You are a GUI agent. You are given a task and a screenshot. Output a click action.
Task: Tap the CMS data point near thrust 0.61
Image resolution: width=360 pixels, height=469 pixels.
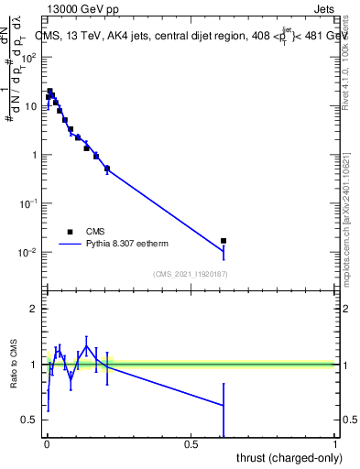[224, 241]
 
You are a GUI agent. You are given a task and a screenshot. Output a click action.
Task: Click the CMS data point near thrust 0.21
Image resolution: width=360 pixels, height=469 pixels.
[107, 169]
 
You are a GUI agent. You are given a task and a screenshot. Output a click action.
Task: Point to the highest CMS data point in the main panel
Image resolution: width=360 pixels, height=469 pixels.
[50, 92]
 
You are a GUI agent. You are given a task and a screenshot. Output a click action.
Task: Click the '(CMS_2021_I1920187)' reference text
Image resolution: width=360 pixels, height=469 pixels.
[190, 274]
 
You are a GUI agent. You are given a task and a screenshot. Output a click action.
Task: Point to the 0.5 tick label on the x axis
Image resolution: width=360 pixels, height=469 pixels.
[191, 444]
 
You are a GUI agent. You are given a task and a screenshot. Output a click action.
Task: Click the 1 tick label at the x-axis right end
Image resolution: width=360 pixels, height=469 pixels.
[335, 444]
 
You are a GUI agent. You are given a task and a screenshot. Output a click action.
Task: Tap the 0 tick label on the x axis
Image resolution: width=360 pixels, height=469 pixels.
[47, 444]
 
